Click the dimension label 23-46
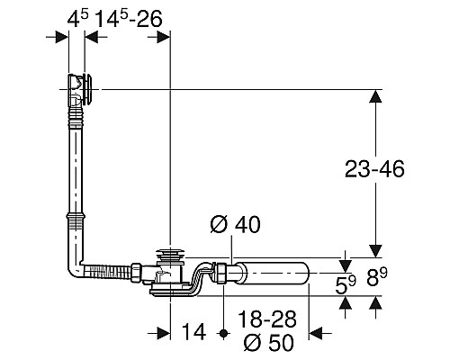point(374,169)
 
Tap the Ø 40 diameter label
point(235,224)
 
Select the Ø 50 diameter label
point(268,342)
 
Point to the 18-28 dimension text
point(267,319)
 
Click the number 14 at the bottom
point(193,332)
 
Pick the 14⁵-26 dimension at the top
point(129,19)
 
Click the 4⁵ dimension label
point(77,19)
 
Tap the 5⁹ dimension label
point(346,285)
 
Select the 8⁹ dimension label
point(377,277)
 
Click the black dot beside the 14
point(223,333)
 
